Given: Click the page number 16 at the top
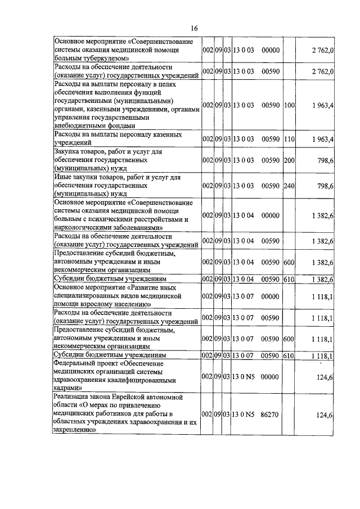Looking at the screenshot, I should (x=194, y=29).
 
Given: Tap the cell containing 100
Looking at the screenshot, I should (x=289, y=105).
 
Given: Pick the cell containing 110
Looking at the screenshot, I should (x=289, y=139).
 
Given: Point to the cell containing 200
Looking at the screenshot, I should (x=289, y=160).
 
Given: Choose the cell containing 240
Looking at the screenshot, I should (x=289, y=185).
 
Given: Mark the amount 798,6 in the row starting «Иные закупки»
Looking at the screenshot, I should (x=325, y=185).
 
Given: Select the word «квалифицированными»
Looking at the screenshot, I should (x=151, y=380).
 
